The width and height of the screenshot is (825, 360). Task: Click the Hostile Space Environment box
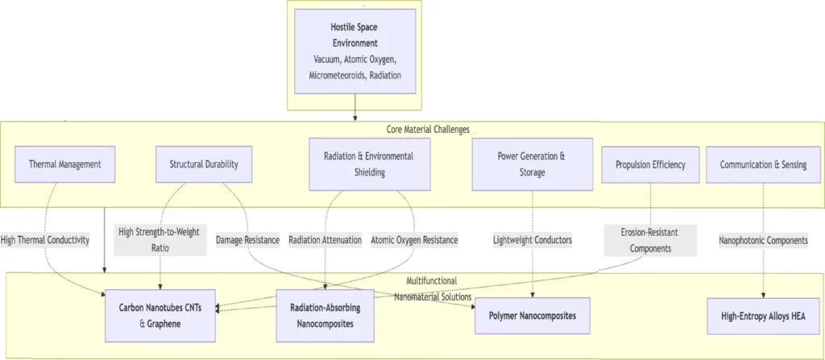coord(354,51)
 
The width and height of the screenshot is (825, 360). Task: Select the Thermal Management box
coord(64,164)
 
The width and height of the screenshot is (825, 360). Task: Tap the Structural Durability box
coord(204,164)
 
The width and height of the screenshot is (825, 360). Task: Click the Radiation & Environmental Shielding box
coord(369,163)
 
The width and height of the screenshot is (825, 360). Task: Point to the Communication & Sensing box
coord(761,164)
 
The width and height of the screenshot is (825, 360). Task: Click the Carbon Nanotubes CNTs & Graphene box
coord(161,315)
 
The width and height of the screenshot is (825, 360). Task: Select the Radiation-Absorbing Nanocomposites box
coord(325,315)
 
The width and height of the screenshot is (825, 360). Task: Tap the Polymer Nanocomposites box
coord(533,315)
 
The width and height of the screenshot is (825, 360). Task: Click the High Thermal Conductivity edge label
coord(45,239)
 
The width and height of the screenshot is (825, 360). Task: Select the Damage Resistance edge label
coord(247,239)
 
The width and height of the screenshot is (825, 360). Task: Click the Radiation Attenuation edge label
coord(325,239)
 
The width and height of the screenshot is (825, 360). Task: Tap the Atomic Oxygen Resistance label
coord(414,239)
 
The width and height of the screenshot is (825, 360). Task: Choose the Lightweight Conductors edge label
coord(533,239)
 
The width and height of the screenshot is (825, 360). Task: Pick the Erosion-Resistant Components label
coord(650,239)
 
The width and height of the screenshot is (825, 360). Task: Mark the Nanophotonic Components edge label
coord(762,239)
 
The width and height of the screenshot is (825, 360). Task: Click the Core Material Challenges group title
coord(427,129)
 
